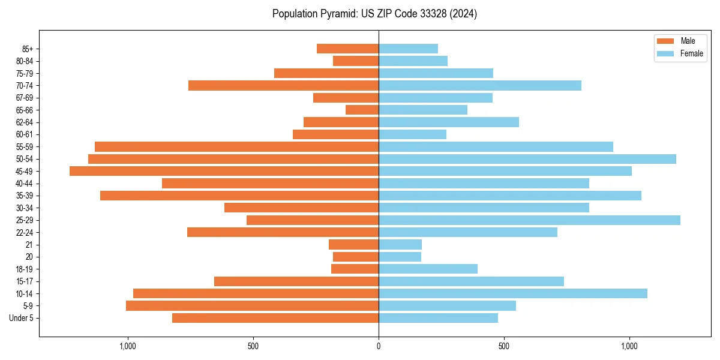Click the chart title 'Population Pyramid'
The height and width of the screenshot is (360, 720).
[x=374, y=14]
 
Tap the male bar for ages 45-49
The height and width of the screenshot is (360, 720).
[x=224, y=171]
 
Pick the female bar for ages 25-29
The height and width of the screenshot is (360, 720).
[x=529, y=220]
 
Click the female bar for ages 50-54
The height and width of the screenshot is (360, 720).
[x=527, y=159]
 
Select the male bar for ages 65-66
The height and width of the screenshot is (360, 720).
[x=362, y=110]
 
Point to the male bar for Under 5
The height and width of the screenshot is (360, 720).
[x=275, y=318]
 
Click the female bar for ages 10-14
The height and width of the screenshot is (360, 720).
[x=512, y=293]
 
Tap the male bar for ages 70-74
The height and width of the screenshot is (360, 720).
[x=283, y=85]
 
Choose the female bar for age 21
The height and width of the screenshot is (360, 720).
[x=400, y=245]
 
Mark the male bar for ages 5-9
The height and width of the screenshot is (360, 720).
[x=252, y=306]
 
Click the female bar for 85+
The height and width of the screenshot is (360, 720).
[x=408, y=49]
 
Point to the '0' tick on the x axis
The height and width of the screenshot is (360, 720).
[x=379, y=346]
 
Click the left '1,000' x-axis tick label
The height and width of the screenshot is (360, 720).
[x=128, y=346]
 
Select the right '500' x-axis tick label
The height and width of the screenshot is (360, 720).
[x=504, y=346]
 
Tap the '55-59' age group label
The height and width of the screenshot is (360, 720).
[x=25, y=147]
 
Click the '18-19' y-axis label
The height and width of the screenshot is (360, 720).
[x=25, y=269]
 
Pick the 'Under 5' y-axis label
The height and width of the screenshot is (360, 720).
[x=22, y=318]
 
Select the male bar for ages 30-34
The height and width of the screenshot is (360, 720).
[x=301, y=208]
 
